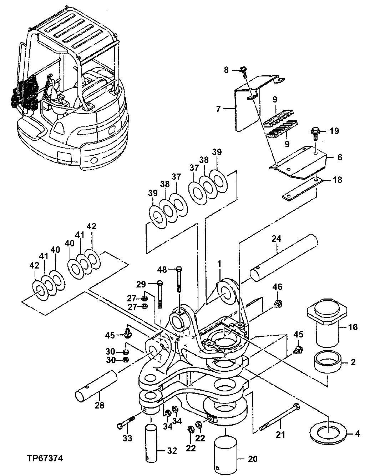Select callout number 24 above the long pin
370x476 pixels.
pos(276,239)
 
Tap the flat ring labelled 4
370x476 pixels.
pos(328,432)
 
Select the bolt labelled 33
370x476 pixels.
pos(126,422)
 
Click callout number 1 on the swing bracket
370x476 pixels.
pos(219,264)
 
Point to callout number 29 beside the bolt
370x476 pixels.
pos(141,284)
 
